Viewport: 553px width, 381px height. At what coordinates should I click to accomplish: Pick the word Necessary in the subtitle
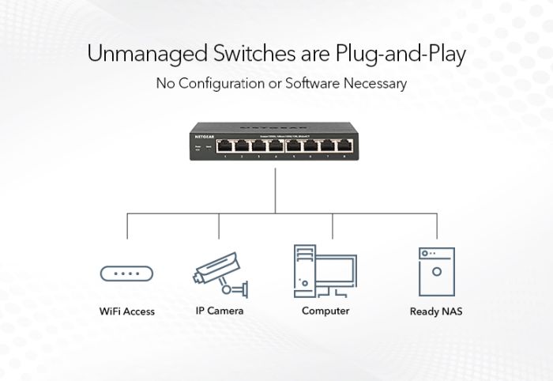tap(372, 83)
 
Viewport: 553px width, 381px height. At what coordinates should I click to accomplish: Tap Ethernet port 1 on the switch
tap(224, 145)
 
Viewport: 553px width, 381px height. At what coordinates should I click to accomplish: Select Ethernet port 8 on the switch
tap(344, 145)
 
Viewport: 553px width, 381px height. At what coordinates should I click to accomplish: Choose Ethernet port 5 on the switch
tap(292, 145)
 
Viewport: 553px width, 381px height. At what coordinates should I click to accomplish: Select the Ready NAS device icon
tap(436, 271)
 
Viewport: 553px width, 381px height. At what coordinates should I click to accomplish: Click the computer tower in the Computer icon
tap(305, 269)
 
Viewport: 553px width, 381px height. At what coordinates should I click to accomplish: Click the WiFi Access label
tap(127, 311)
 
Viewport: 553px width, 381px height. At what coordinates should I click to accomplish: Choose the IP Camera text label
tap(220, 311)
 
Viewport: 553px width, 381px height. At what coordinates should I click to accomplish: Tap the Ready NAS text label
tap(436, 311)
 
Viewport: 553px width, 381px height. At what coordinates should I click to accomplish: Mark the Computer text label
tap(325, 311)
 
